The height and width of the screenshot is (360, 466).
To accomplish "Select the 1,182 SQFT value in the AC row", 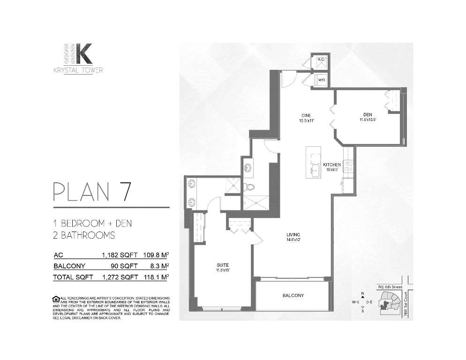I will click(120, 255).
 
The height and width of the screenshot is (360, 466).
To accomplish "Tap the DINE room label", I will click(306, 116).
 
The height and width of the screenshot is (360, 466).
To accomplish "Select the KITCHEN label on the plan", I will click(332, 165).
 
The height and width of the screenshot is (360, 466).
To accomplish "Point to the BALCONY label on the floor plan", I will click(293, 296).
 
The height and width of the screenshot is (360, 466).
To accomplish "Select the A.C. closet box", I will click(322, 60).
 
